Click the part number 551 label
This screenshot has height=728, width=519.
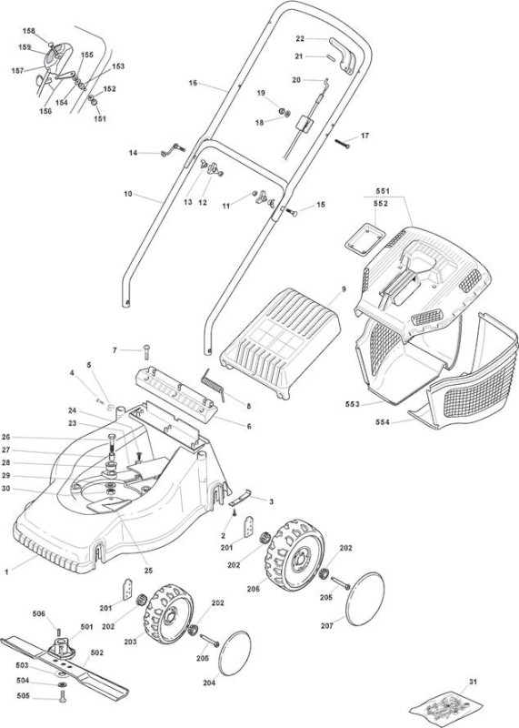tap(383, 191)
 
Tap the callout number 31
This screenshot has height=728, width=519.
tap(473, 682)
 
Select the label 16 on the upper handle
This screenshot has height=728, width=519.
tap(193, 83)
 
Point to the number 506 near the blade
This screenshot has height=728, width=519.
tap(39, 613)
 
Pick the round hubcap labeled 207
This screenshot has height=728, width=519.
tap(365, 599)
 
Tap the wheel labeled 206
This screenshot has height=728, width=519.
tap(295, 555)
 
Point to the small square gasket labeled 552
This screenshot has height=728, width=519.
tap(365, 238)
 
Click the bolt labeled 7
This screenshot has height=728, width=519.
tap(147, 351)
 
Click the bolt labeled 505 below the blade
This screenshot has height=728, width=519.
tap(63, 696)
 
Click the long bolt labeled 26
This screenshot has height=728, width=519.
tap(112, 445)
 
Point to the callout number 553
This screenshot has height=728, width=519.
tap(353, 404)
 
